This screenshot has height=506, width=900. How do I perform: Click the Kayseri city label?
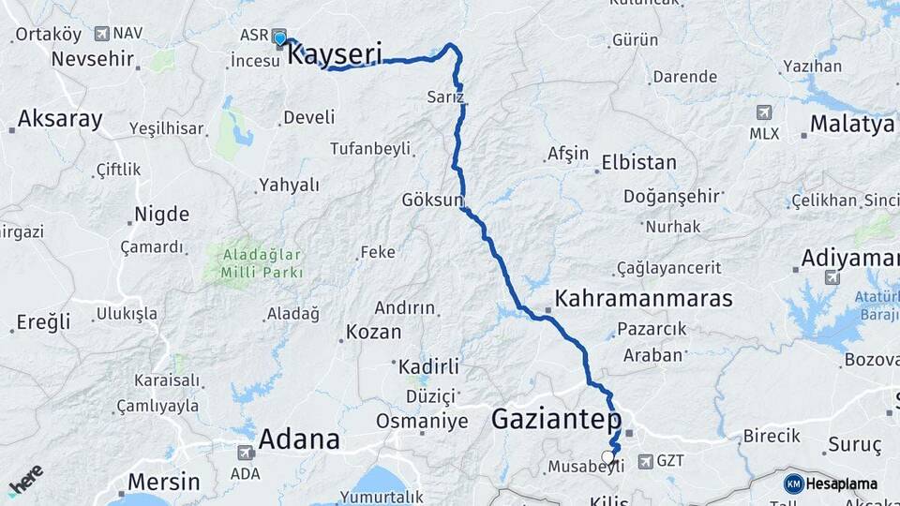(335, 54)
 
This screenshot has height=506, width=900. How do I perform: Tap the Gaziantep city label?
(556, 419)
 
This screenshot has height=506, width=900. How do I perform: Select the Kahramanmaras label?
(643, 299)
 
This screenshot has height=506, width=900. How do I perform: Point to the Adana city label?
(298, 439)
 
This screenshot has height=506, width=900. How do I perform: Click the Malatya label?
(851, 124)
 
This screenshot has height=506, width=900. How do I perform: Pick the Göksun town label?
(432, 200)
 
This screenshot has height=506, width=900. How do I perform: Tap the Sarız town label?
(445, 97)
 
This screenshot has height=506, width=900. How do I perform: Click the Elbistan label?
(638, 162)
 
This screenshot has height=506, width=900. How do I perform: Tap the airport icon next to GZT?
(645, 461)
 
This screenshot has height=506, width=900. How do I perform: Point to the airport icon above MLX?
(764, 112)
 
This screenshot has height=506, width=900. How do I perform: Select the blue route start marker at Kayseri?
(279, 37)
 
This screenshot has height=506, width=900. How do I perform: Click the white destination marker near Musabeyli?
(608, 457)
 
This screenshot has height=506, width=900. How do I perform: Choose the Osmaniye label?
(422, 422)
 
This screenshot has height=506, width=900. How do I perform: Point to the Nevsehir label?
(93, 58)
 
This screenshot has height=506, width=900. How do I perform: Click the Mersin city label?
(163, 483)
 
